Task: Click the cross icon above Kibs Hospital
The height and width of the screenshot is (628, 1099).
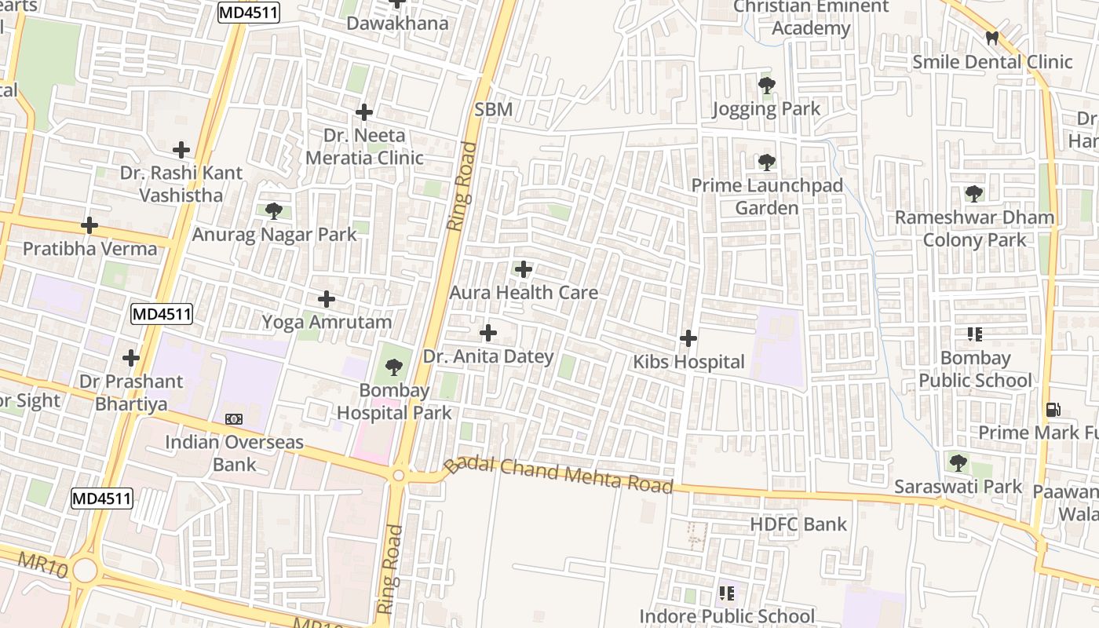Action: [x=688, y=338]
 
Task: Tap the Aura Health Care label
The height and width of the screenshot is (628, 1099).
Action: [x=524, y=293]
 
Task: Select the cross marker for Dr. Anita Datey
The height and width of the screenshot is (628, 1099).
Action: [x=488, y=333]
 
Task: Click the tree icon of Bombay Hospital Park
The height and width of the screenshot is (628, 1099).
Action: [x=394, y=367]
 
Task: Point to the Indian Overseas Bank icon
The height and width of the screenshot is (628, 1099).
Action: [x=234, y=419]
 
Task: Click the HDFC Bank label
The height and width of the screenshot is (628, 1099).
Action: [x=798, y=524]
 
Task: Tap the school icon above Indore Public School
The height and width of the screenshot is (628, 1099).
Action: [x=727, y=593]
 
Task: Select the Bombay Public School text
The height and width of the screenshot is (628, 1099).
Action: [x=975, y=370]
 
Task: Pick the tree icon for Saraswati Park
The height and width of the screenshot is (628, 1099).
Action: [x=958, y=463]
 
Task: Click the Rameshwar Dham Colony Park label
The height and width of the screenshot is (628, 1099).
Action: [x=974, y=228]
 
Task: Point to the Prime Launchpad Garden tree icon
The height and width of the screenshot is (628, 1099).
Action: [x=767, y=162]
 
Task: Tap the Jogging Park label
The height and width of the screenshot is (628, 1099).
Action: [x=766, y=109]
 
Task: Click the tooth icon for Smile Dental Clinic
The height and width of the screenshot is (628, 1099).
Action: [x=992, y=38]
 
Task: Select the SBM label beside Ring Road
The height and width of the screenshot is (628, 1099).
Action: [x=494, y=110]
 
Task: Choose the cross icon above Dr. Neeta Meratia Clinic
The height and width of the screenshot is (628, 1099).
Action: [x=364, y=112]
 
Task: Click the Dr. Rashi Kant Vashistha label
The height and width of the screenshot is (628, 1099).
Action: [x=181, y=184]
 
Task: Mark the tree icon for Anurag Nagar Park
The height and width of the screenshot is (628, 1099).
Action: [x=274, y=210]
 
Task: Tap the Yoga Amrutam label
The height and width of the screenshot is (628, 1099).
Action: [x=327, y=322]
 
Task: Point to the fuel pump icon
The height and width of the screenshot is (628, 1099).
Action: [x=1053, y=410]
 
